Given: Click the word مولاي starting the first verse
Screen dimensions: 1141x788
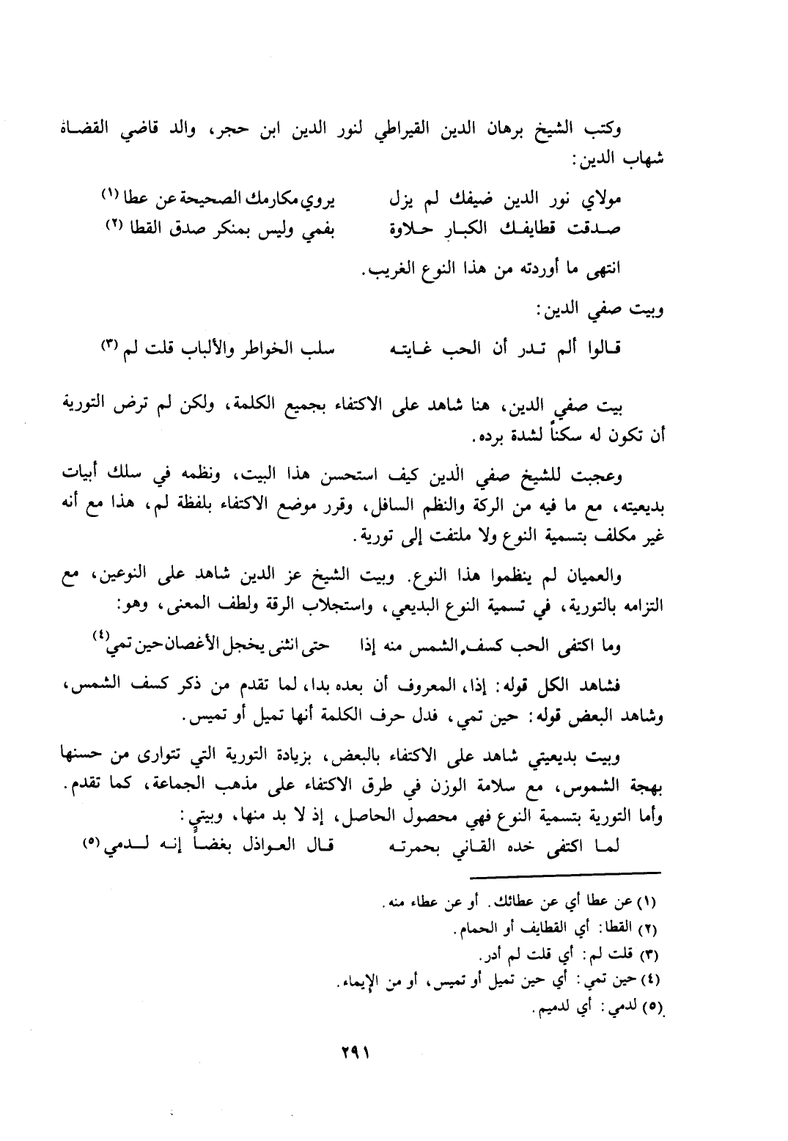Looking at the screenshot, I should pyautogui.click(x=603, y=198).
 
